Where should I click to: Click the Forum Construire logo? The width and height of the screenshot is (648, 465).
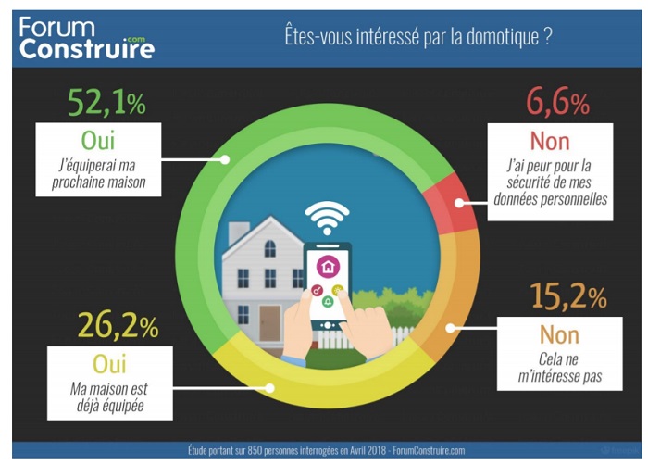click(86, 36)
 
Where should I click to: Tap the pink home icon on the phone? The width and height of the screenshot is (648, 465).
click(328, 267)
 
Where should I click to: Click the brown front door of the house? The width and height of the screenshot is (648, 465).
click(269, 322)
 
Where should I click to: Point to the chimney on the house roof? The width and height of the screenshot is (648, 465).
click(239, 231)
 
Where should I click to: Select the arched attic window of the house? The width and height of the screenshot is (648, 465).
click(269, 247)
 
